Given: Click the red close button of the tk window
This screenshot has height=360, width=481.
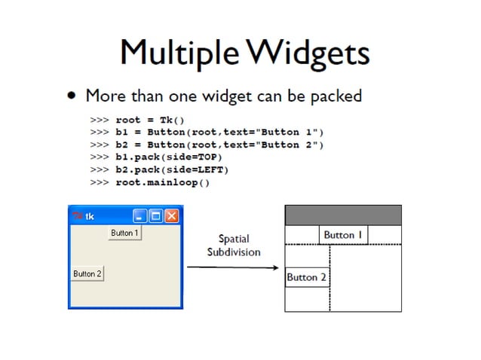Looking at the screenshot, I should [172, 217].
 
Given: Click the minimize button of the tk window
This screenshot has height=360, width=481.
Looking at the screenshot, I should [139, 217].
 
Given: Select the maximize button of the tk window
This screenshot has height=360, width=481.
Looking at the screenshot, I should [155, 217].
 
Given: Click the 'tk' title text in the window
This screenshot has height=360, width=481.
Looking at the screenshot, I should [90, 217].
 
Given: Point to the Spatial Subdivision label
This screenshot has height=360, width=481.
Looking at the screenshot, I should [234, 246].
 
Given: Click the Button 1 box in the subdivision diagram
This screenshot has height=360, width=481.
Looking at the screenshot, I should [343, 235].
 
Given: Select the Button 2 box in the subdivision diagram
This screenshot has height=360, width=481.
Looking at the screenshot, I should [307, 277].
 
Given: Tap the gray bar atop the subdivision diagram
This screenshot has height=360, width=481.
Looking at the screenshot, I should [343, 215].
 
